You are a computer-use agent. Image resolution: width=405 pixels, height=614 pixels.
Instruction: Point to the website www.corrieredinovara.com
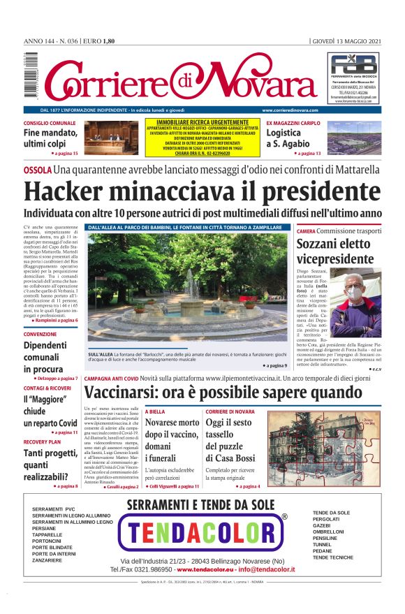pyautogui.click(x=290, y=110)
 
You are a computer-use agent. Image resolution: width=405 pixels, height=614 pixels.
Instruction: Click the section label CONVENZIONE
pyautogui.click(x=40, y=335)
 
